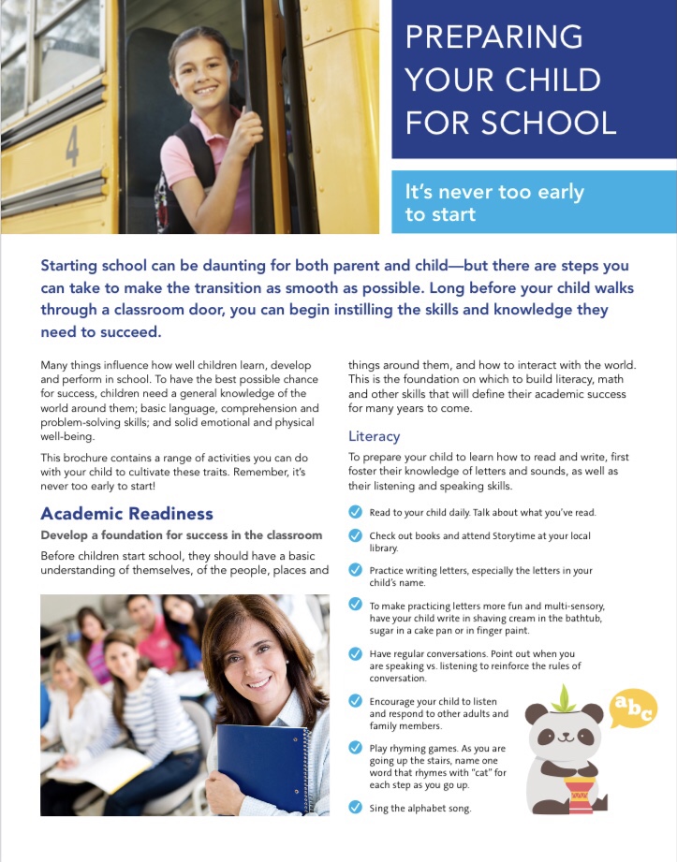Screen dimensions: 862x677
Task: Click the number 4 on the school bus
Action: click(x=71, y=146)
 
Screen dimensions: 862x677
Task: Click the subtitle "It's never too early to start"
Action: click(x=493, y=203)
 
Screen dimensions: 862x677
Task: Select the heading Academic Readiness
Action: click(x=126, y=514)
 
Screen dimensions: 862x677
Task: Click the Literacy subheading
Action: click(x=374, y=436)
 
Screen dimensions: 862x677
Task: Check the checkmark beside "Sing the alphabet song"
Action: click(x=355, y=807)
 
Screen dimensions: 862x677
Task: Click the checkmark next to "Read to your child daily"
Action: click(x=355, y=512)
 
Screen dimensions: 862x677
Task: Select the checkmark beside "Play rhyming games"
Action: click(x=355, y=747)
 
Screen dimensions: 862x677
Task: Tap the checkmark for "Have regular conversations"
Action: click(x=355, y=653)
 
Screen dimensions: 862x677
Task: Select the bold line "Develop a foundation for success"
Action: click(x=181, y=535)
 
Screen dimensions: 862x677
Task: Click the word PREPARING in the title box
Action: click(x=493, y=37)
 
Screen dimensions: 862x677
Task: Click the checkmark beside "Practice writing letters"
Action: click(x=355, y=569)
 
